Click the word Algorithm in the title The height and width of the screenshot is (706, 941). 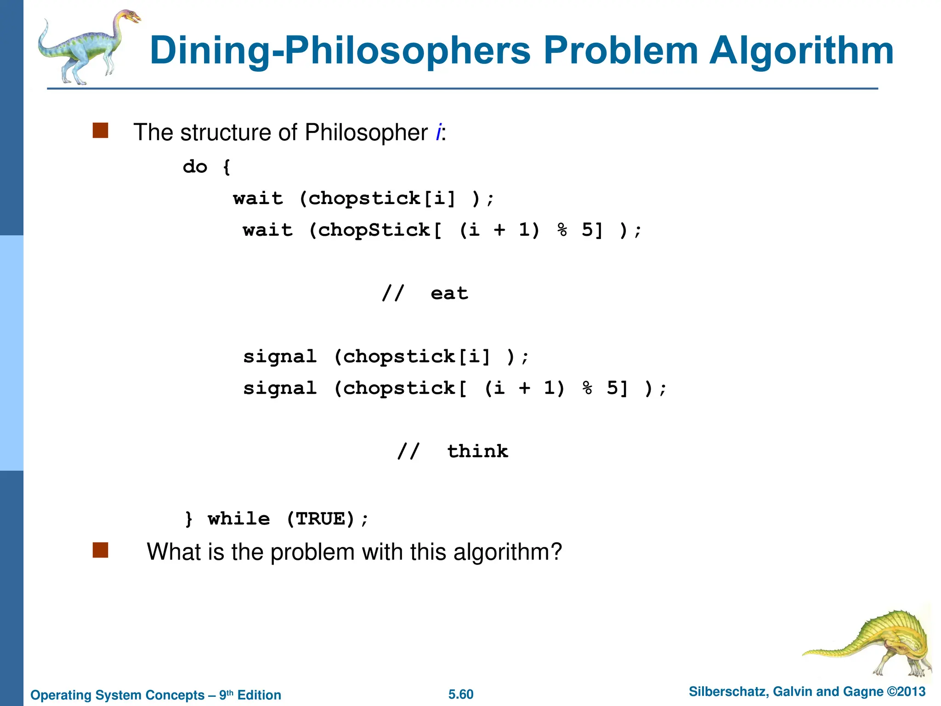(x=801, y=51)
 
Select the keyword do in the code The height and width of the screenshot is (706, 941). (x=195, y=166)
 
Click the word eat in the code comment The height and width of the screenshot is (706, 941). (x=449, y=293)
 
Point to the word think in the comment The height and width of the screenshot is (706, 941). (x=477, y=451)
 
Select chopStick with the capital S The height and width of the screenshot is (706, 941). (x=374, y=230)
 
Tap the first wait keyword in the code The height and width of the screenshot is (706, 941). (x=258, y=199)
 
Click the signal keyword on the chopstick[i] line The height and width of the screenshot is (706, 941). (x=279, y=357)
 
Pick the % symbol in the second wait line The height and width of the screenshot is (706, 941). (x=562, y=230)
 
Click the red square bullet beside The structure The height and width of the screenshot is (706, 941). (x=100, y=131)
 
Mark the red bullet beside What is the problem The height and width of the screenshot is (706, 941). (x=100, y=550)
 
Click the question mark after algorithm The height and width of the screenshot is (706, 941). (x=556, y=552)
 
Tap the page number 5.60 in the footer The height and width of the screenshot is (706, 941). (x=461, y=695)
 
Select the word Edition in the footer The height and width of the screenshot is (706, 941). (x=259, y=695)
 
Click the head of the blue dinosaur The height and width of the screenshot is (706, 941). (x=130, y=17)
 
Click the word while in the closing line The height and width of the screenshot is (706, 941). (x=238, y=519)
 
